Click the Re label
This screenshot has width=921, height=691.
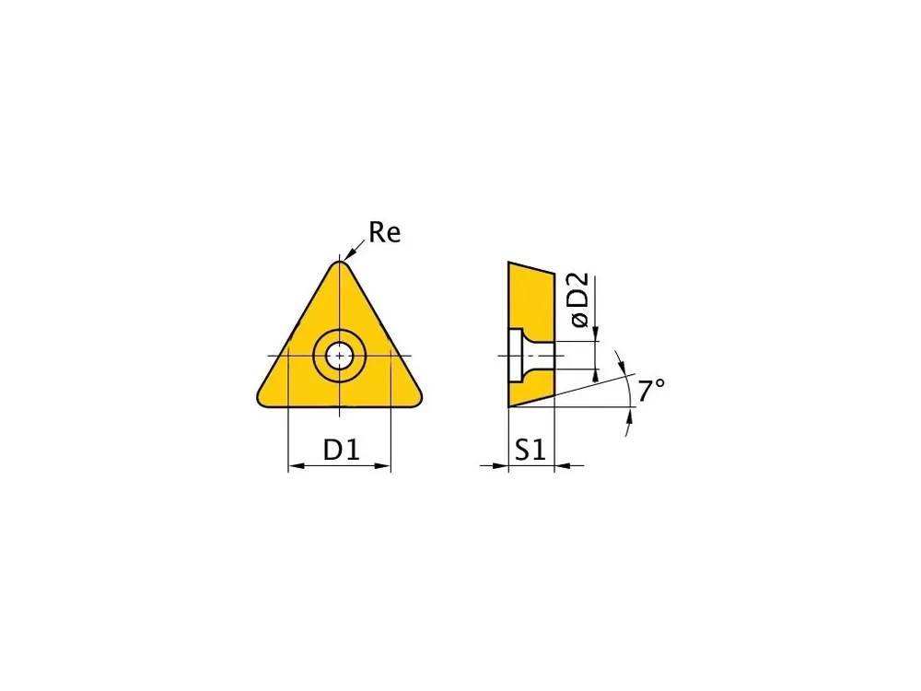pos(385,232)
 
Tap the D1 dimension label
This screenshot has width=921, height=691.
pos(342,451)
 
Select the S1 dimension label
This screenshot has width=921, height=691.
pos(530,451)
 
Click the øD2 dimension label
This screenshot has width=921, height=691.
pos(579,299)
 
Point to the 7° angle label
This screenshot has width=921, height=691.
pos(651,391)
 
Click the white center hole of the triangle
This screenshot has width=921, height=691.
pos(340,356)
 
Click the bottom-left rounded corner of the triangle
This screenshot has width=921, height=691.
pos(262,400)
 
